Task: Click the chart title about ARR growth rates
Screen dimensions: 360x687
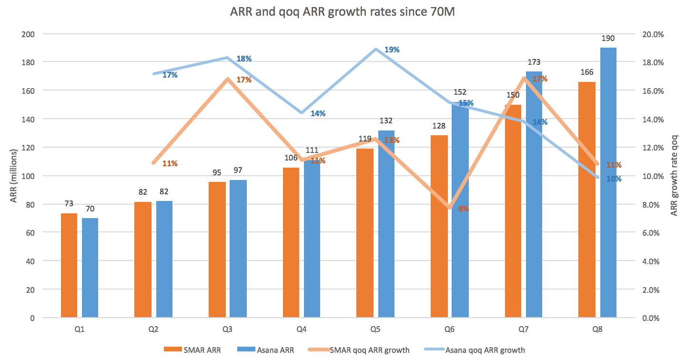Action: [x=343, y=12]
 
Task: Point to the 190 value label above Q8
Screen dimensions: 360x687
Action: [x=608, y=39]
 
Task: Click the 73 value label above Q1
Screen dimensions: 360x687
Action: [x=69, y=204]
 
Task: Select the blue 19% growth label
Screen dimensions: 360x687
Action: [x=392, y=50]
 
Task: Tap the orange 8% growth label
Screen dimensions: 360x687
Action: [x=464, y=208]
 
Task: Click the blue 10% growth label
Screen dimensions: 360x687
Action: [x=614, y=179]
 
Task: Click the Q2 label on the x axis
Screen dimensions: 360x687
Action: [x=153, y=329]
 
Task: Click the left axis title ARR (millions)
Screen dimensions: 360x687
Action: [x=14, y=176]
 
